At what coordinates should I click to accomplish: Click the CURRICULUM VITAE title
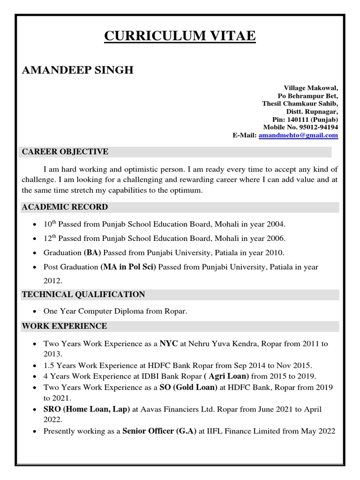pyautogui.click(x=180, y=36)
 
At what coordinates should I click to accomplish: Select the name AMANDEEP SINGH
pyautogui.click(x=78, y=70)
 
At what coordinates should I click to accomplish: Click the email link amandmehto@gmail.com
pyautogui.click(x=298, y=135)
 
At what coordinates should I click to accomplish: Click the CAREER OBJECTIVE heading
pyautogui.click(x=65, y=151)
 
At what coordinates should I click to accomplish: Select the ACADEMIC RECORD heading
pyautogui.click(x=65, y=207)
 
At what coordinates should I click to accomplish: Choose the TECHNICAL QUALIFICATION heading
pyautogui.click(x=84, y=294)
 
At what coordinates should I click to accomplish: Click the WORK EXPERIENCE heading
pyautogui.click(x=65, y=326)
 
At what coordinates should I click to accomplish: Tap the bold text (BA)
pyautogui.click(x=92, y=253)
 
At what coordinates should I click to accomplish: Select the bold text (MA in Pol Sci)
pyautogui.click(x=128, y=267)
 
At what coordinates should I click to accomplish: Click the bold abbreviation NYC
pyautogui.click(x=169, y=344)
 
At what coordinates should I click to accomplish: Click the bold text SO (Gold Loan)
pyautogui.click(x=188, y=387)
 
